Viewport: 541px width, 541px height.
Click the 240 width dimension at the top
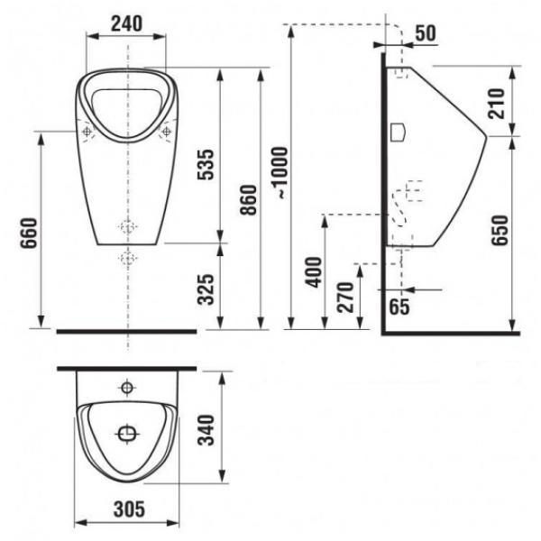coord(126,23)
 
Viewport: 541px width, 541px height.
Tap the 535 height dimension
coord(206,164)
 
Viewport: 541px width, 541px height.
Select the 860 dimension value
coord(249,200)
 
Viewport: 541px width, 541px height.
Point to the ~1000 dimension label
coord(279,172)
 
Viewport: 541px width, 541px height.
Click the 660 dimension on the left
coord(28,233)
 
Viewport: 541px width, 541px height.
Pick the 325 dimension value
coord(206,289)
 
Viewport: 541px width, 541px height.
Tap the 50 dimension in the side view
coord(426,33)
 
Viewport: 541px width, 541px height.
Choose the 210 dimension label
coord(497,104)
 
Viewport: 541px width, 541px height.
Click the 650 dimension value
coord(500,230)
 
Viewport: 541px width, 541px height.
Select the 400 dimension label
coord(314,272)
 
